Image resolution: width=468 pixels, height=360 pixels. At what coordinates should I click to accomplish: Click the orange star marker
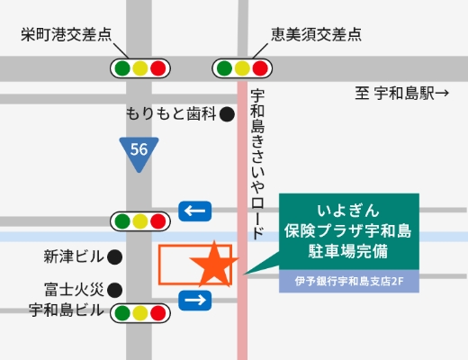215,264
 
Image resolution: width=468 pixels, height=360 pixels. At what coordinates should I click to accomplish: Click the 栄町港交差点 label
67,35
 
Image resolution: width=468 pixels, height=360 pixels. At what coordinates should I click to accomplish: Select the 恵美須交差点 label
316,35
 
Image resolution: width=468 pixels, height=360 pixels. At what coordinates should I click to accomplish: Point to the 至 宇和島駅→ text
401,92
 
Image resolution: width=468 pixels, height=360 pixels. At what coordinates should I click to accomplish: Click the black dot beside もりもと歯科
227,114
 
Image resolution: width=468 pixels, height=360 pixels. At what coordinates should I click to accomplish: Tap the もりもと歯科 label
172,114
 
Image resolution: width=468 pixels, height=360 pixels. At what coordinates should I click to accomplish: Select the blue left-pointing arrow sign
195,211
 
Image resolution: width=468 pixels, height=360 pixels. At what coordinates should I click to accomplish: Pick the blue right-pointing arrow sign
195,299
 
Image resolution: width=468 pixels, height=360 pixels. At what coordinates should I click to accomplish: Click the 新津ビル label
74,256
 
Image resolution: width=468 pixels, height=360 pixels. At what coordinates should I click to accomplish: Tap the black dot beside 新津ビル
115,256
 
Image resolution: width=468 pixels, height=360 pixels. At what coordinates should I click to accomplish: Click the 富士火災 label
74,290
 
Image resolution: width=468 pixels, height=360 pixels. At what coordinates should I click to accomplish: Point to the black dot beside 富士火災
115,290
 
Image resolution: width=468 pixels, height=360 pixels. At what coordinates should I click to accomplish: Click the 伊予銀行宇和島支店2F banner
350,281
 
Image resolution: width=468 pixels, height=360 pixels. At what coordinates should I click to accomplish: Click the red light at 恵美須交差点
261,67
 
